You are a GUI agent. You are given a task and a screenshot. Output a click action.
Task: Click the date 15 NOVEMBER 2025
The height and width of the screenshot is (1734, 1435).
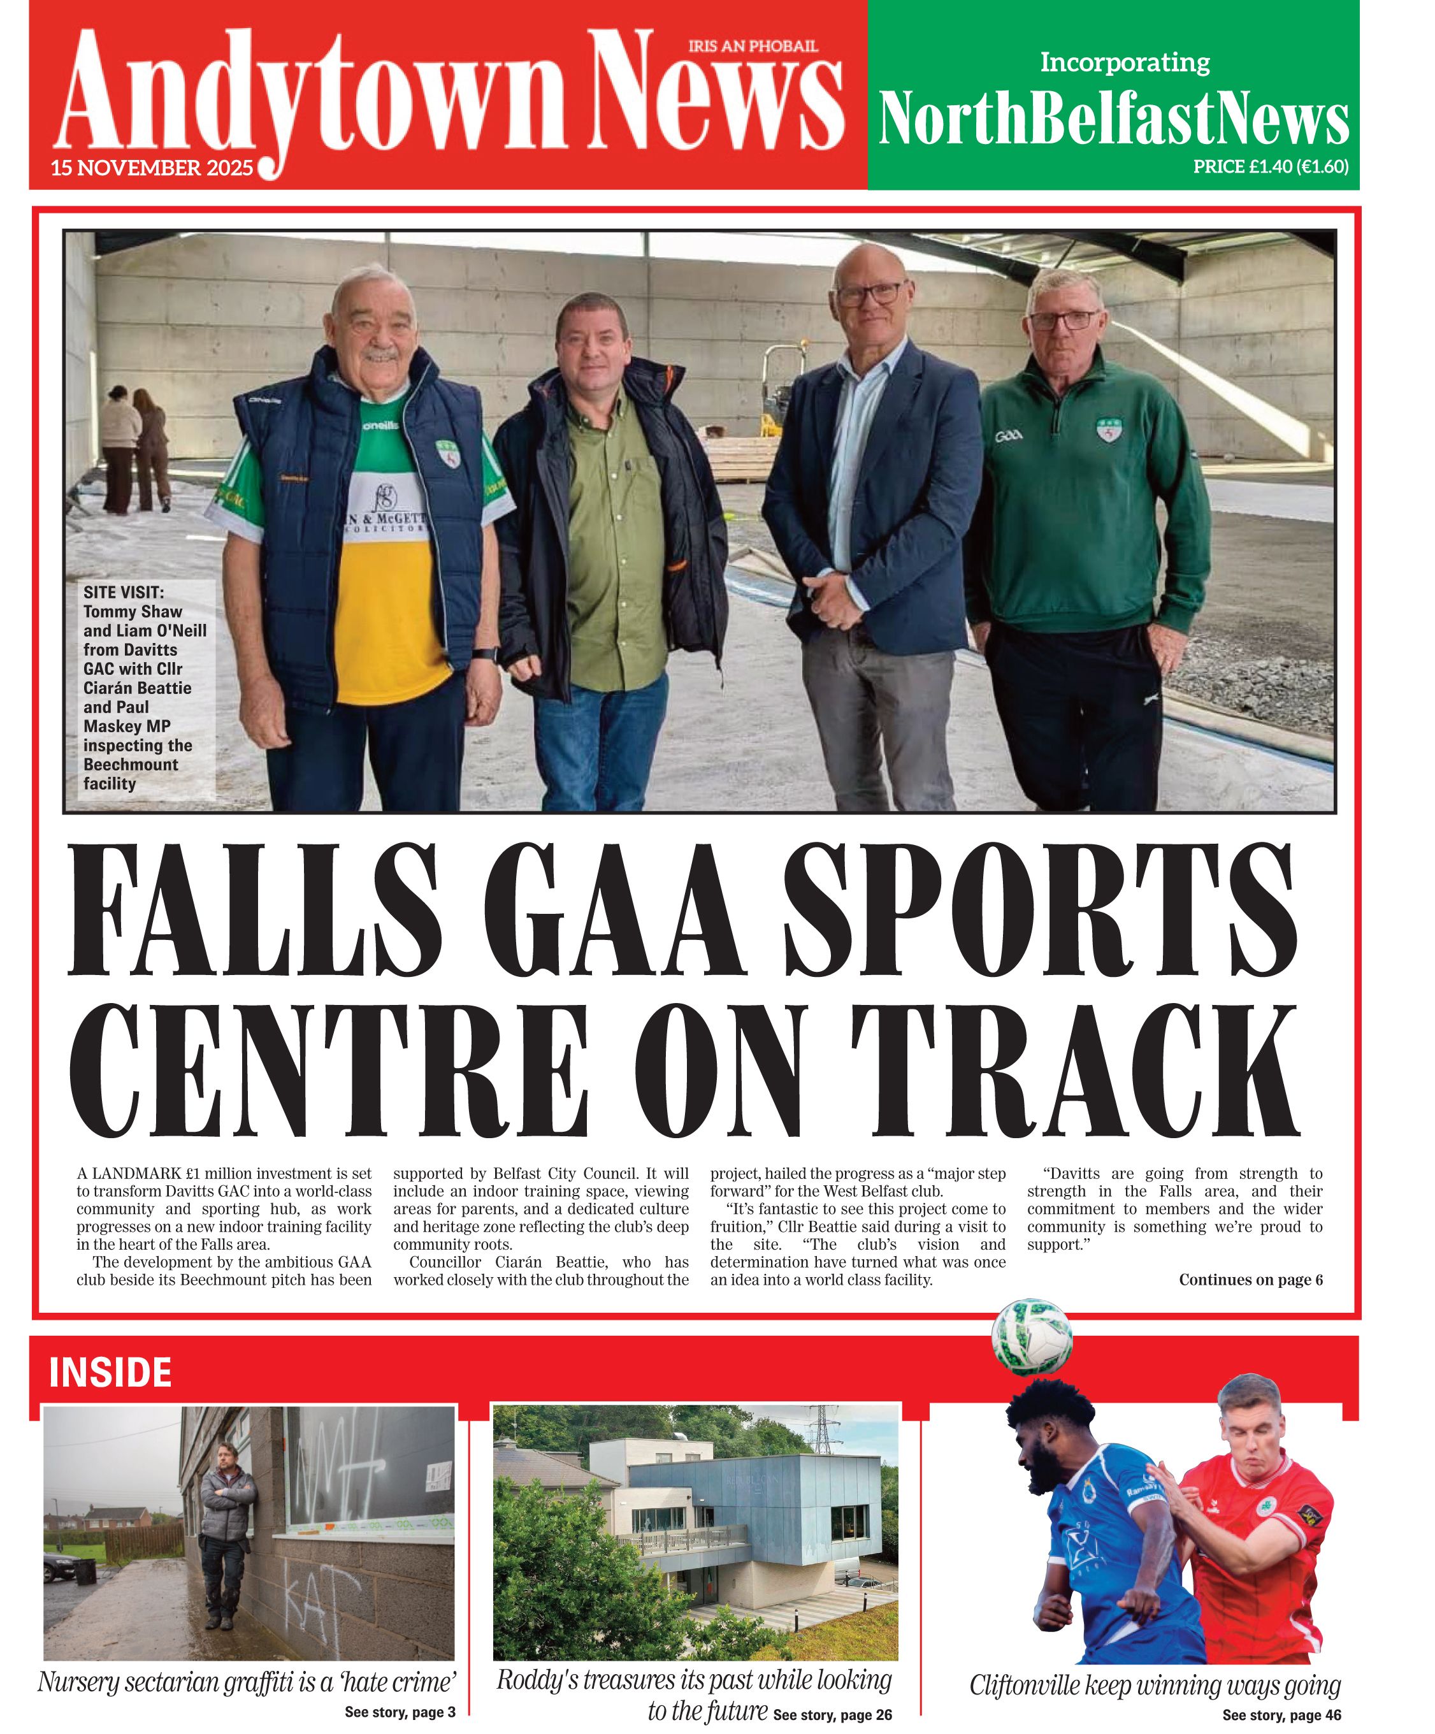click(152, 168)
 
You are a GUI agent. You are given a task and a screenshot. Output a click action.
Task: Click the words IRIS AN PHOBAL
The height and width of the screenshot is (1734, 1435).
click(753, 47)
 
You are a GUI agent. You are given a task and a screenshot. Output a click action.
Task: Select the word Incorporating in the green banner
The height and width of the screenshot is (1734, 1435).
click(1125, 62)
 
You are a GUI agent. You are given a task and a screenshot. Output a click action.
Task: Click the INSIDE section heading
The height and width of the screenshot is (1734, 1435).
click(110, 1372)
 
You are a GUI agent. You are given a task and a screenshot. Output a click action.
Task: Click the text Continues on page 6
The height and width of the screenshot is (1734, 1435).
click(1250, 1280)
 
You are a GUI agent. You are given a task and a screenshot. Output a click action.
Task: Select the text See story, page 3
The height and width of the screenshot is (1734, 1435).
click(400, 1712)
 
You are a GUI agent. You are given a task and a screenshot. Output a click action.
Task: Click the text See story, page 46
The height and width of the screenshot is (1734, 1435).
click(1281, 1715)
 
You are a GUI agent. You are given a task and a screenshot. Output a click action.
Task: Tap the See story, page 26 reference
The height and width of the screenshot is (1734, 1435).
click(832, 1714)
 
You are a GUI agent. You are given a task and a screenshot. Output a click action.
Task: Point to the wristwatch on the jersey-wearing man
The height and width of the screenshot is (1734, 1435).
click(486, 655)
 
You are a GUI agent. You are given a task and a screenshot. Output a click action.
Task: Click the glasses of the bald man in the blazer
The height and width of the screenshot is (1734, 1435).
click(870, 293)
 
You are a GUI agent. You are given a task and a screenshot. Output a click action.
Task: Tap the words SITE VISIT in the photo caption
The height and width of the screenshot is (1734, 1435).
click(124, 592)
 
